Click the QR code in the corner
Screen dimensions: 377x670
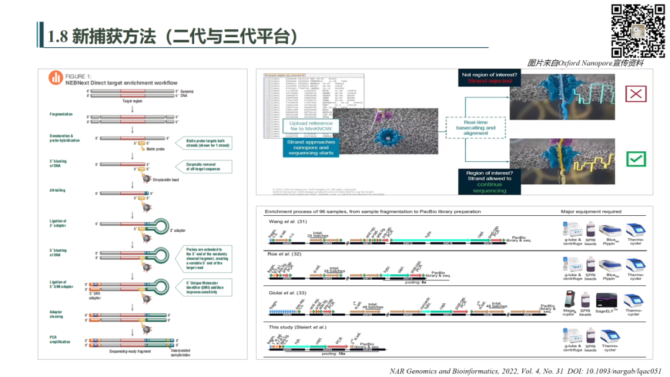click(x=638, y=30)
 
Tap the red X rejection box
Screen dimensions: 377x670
click(x=636, y=94)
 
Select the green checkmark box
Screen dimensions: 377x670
click(x=636, y=159)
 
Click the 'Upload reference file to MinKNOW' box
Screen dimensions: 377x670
click(x=310, y=126)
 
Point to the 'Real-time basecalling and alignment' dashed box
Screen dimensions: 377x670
click(x=476, y=128)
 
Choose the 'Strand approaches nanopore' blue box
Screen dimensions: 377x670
click(x=311, y=148)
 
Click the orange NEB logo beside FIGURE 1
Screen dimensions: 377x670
click(x=56, y=78)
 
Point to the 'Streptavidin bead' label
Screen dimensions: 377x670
click(x=166, y=179)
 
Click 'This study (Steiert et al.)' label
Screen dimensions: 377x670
click(x=298, y=327)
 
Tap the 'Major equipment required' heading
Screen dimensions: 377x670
click(x=591, y=211)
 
